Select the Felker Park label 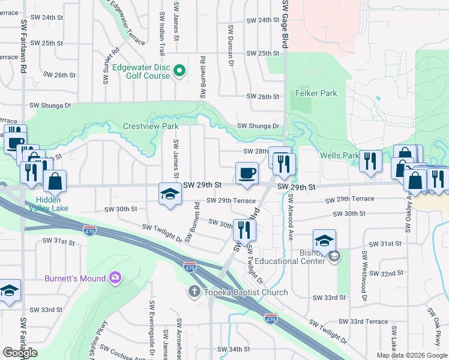[316, 93]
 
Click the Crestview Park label [151, 127]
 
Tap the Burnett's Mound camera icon [115, 278]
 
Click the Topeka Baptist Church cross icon [194, 292]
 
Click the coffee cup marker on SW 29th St [247, 174]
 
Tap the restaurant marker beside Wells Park [370, 161]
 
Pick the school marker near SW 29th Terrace [170, 194]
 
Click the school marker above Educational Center [324, 241]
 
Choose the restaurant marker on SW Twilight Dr [244, 230]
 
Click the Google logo [20, 353]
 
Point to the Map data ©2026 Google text [412, 355]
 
